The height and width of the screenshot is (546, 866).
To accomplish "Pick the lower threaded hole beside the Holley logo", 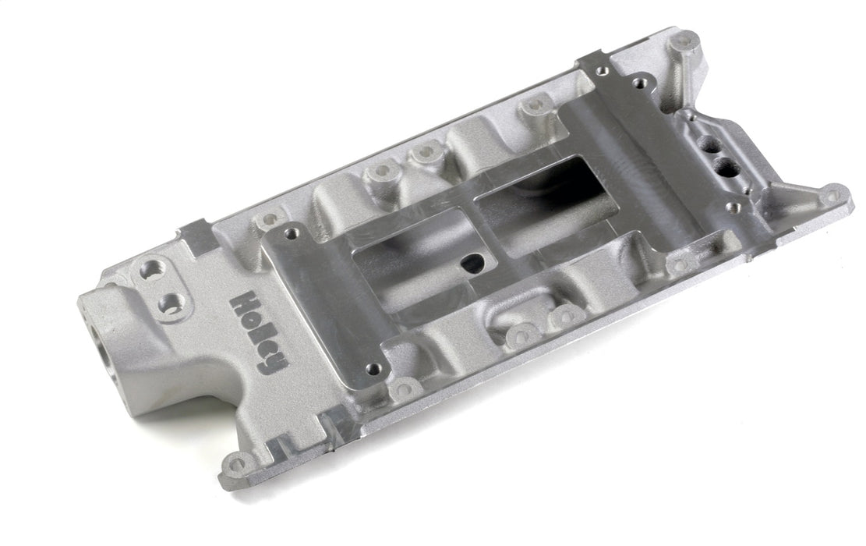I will point(171,303).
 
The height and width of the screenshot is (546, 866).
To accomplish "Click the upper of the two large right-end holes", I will point(709,145).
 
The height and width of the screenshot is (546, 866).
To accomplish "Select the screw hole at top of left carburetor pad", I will point(293,232).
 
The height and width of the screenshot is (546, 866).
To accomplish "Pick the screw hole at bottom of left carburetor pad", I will point(373,368).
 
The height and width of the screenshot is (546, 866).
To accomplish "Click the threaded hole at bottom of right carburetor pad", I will point(732,207).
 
